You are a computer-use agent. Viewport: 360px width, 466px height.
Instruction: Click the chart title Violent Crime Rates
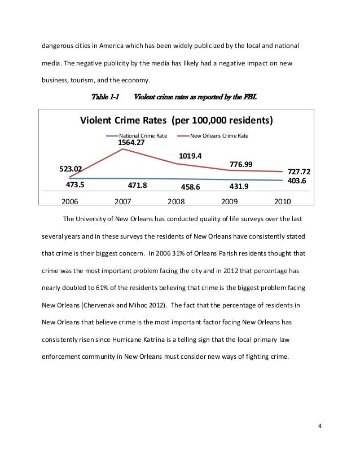click(177, 121)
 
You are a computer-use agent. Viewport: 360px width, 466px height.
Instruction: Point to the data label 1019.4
click(191, 155)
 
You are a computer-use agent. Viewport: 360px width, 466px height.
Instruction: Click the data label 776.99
click(241, 165)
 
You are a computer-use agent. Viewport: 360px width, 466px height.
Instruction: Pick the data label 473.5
click(71, 183)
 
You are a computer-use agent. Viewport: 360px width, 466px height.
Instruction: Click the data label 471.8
click(139, 183)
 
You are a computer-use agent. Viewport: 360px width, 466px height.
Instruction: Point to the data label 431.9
click(242, 184)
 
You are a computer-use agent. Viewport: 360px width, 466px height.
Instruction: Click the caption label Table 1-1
click(104, 97)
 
